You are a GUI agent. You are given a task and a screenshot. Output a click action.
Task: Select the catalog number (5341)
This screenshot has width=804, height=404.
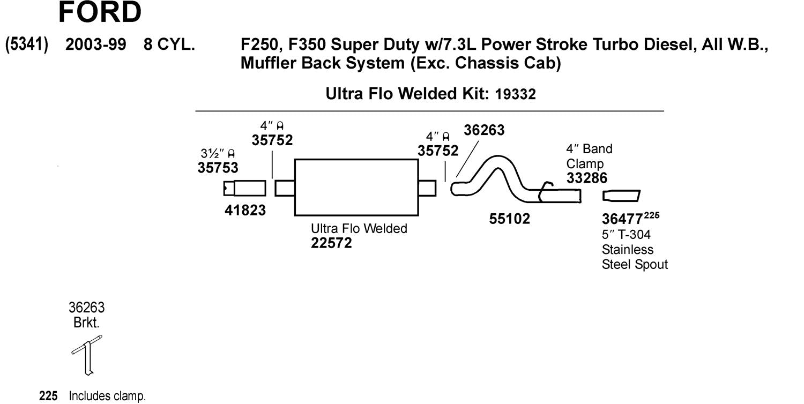coord(27,44)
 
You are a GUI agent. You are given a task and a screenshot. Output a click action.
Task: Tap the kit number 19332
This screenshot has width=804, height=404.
coord(516,94)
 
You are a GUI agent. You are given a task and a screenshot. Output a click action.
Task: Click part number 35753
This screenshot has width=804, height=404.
coord(218,168)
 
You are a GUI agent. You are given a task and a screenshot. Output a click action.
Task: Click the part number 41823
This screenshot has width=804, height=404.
coord(245,211)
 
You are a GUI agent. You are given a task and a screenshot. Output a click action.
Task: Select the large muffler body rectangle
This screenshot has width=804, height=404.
coord(356,188)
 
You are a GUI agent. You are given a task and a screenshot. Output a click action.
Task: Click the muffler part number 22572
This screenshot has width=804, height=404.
coord(331,243)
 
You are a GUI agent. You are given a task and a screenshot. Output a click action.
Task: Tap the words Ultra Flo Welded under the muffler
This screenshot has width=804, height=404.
coord(359,229)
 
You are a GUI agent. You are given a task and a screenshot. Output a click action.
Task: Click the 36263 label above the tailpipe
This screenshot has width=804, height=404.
coord(484,130)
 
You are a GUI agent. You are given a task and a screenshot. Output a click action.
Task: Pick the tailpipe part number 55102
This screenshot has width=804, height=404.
coord(509,219)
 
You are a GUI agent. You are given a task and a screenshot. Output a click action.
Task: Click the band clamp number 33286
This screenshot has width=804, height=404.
coord(587,178)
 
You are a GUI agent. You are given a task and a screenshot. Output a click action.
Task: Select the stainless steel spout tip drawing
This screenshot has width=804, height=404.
coord(621,196)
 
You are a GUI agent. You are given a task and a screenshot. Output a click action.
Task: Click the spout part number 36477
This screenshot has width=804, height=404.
coord(622,219)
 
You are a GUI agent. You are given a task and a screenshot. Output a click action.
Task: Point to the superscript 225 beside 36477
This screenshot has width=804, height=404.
coord(651,216)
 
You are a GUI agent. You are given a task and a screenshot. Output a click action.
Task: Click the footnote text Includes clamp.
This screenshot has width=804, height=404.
coord(107,397)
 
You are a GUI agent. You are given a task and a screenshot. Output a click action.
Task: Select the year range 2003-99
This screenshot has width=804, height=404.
coord(95,45)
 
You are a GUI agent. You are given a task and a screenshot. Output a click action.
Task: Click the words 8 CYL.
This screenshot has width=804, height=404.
coord(169,45)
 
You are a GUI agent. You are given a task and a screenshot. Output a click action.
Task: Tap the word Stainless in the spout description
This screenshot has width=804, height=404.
coord(628,250)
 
